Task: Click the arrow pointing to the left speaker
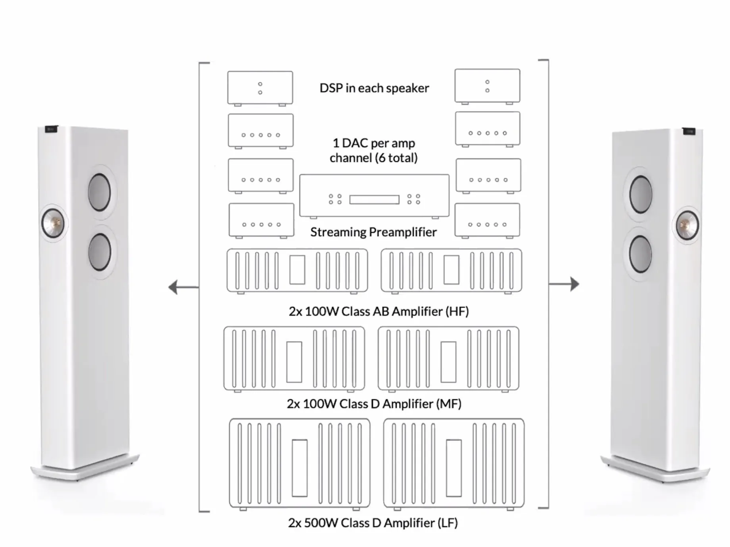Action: [184, 287]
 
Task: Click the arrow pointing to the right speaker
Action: [564, 284]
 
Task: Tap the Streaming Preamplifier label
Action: [374, 232]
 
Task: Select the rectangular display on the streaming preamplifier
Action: [374, 200]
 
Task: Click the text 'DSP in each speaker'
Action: [374, 88]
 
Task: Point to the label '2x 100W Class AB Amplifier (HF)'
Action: [379, 311]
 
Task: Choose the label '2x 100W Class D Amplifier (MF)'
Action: [374, 404]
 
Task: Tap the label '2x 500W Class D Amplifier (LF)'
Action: [373, 522]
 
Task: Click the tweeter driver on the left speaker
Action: [53, 223]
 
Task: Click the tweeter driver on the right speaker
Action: [688, 225]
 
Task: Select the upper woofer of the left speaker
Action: [99, 192]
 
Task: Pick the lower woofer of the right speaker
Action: [640, 254]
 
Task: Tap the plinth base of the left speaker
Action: [85, 467]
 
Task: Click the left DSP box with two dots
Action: [260, 88]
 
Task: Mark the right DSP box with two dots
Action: [487, 86]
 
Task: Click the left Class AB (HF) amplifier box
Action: [297, 271]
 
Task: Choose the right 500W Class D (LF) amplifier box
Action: [453, 464]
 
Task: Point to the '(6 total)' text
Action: [396, 158]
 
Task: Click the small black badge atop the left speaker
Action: [51, 129]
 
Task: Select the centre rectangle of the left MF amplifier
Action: [294, 362]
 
